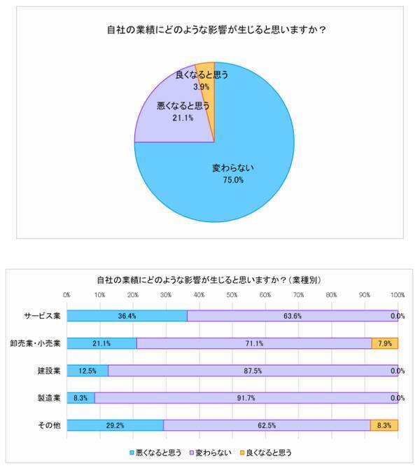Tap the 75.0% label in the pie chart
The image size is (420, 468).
[233, 180]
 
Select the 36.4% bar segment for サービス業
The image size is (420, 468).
[127, 316]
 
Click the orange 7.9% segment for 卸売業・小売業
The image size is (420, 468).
[385, 343]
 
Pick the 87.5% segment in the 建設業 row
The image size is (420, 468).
[253, 371]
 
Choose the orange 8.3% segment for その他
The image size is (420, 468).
[384, 425]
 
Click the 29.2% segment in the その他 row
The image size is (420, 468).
[115, 425]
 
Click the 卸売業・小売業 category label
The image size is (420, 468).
[36, 343]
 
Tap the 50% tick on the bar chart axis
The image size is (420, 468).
[232, 294]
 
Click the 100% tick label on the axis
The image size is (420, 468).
[397, 294]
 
